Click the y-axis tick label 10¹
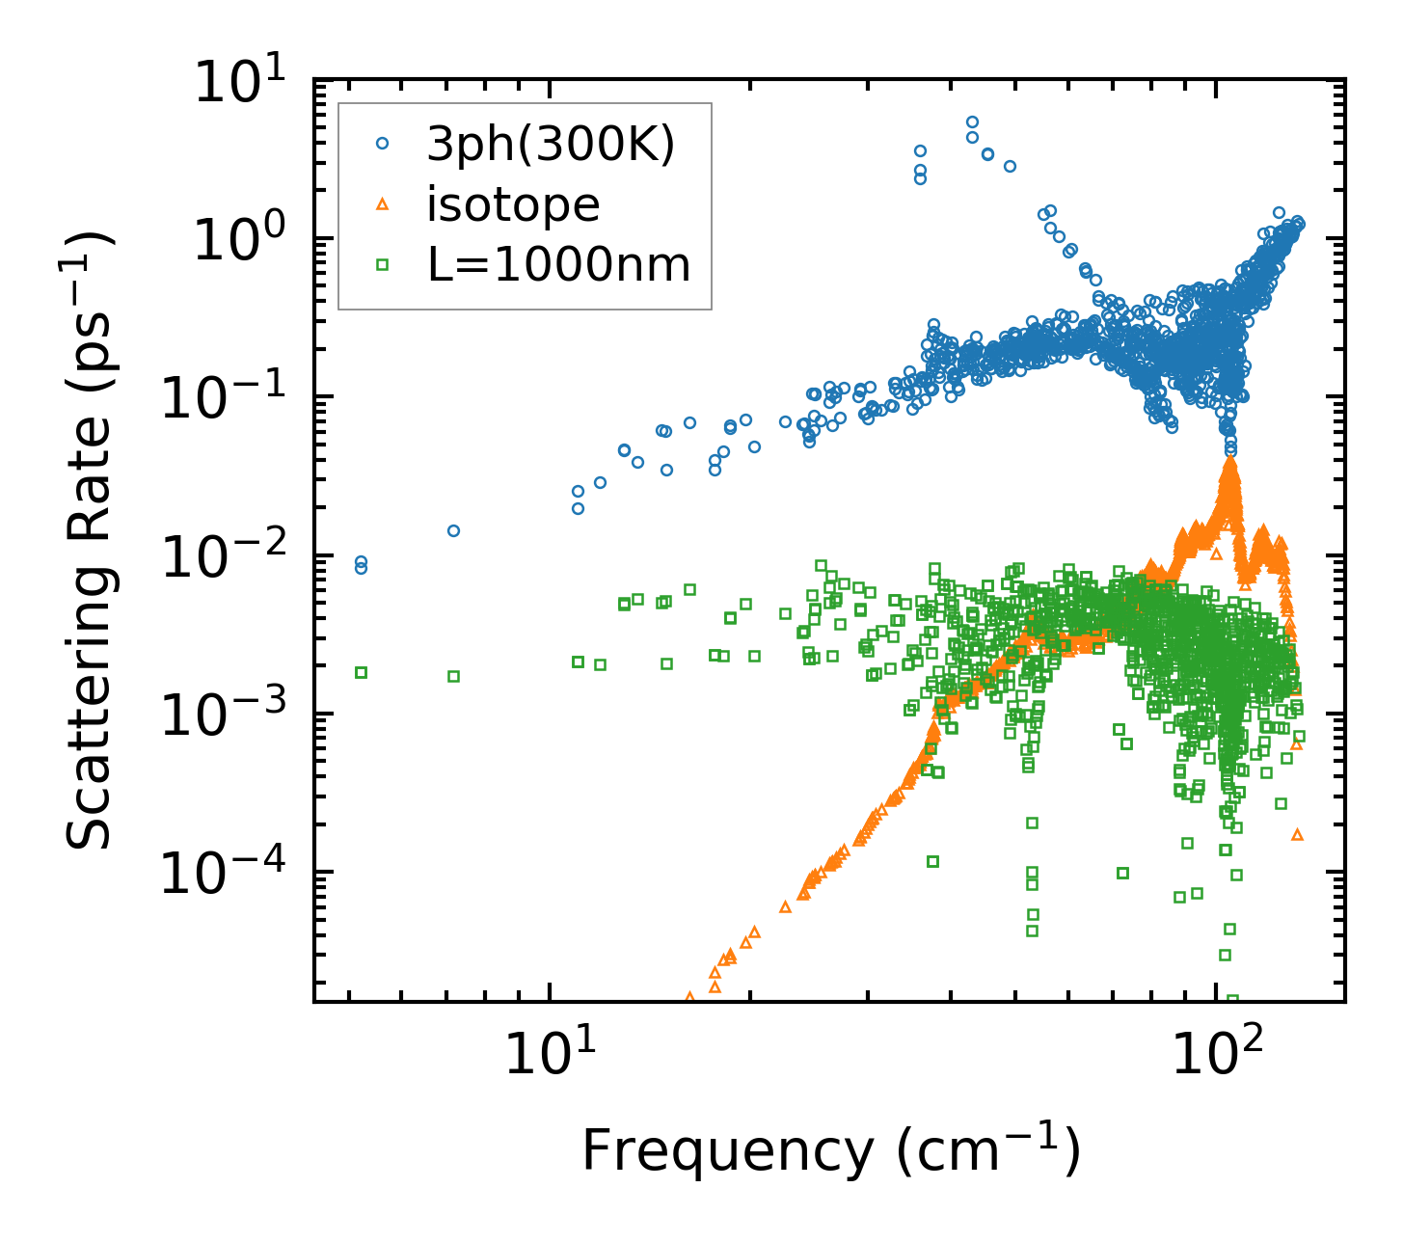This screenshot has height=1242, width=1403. [246, 82]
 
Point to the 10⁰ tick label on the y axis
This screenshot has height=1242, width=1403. [246, 241]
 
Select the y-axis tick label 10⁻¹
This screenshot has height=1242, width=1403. [226, 399]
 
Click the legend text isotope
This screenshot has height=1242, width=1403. [513, 204]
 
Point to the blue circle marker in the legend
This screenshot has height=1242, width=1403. [382, 144]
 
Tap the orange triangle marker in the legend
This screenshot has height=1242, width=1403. [382, 203]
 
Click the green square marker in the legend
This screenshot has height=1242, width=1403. [382, 264]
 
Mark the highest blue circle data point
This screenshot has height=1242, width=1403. [972, 122]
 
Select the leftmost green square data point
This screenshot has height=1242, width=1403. [361, 672]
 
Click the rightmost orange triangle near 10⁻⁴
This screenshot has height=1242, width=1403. [1297, 834]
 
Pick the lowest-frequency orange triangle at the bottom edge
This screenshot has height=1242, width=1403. [688, 997]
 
